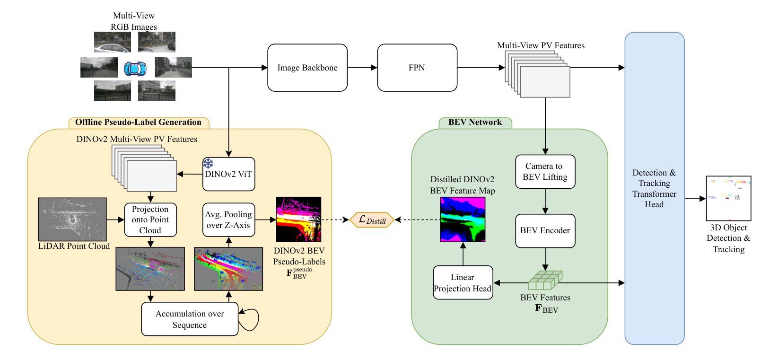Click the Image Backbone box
tap(307, 68)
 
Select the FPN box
tap(417, 68)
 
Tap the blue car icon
tap(136, 68)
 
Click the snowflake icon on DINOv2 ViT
tap(208, 164)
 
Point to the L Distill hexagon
tap(372, 220)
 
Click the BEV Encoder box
tap(545, 231)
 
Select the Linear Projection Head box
tap(463, 282)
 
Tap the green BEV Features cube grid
tap(545, 280)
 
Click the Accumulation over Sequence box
tap(190, 319)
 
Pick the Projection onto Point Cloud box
tap(150, 220)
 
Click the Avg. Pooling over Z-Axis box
tap(229, 220)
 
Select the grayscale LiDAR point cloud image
tap(72, 219)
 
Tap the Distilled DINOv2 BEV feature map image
tap(463, 220)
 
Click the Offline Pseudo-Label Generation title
tap(138, 123)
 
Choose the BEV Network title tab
tap(475, 123)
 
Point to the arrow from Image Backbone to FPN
tap(362, 68)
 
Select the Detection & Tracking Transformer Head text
tap(654, 188)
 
